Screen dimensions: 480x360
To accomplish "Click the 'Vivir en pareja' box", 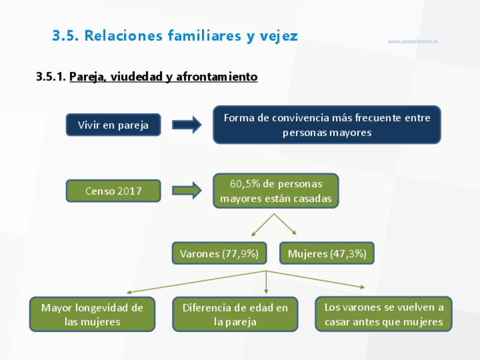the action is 113,125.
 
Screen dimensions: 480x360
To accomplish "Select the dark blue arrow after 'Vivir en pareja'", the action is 187,125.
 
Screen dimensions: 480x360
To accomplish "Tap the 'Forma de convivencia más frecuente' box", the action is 327,125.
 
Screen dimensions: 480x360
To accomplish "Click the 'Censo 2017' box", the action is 113,191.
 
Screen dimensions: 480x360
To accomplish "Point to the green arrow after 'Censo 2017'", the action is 187,191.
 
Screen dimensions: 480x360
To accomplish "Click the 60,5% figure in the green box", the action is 243,184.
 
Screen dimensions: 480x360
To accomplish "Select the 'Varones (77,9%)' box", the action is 218,254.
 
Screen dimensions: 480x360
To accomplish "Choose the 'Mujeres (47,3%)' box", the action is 327,254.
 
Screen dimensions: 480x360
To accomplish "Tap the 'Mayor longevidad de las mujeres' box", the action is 92,314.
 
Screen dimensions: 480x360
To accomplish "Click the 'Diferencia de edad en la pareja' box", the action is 235,314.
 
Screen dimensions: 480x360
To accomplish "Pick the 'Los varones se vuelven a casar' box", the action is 383,314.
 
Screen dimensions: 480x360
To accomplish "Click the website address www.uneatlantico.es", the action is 413,41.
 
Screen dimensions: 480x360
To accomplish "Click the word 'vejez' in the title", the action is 278,36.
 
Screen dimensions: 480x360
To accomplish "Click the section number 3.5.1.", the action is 51,76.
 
